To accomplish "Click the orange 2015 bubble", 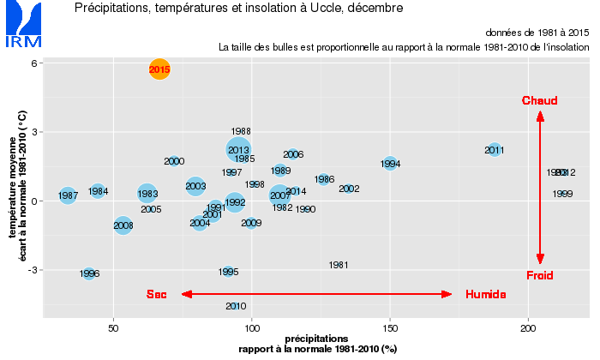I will (159, 69).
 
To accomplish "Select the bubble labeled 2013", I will (239, 150).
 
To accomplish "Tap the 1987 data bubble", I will (68, 196).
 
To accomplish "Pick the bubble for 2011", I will (494, 150).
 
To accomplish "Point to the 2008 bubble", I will (123, 225).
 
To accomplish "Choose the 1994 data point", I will (390, 164).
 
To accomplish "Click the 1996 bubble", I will (89, 273).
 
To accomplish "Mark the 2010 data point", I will (237, 306).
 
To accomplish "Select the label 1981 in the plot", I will (339, 266).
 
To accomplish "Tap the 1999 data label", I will (563, 194).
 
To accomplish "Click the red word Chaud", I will (539, 101).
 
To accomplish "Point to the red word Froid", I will (539, 275).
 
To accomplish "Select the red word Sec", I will (156, 295).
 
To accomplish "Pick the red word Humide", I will (485, 295).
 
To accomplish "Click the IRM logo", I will (21, 25).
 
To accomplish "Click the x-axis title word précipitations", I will (317, 339).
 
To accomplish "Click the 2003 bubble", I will (195, 186).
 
